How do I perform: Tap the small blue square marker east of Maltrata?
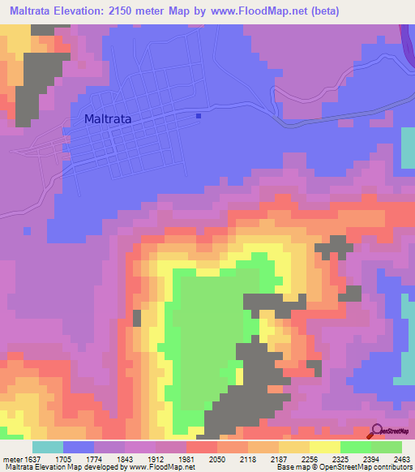coord(199,115)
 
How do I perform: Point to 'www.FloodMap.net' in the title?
coord(257,11)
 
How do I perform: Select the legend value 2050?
coord(217,458)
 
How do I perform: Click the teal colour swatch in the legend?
coord(48,447)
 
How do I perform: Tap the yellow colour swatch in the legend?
coord(325,447)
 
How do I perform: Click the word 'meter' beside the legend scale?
coord(12,458)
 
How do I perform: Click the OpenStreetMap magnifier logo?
coord(377,432)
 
